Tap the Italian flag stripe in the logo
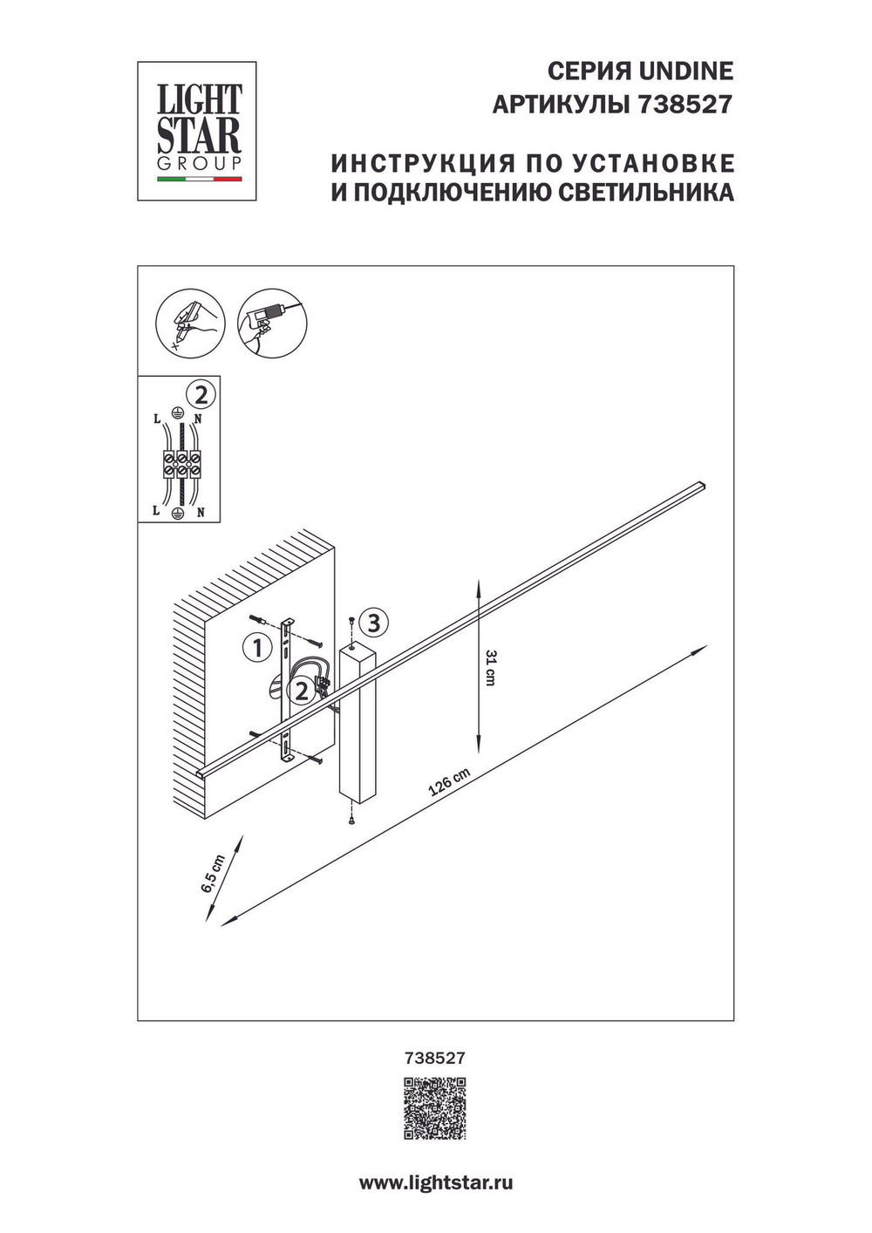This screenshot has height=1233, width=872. tap(199, 180)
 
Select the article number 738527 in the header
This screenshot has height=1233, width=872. tap(685, 106)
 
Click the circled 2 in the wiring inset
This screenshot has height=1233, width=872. tap(201, 396)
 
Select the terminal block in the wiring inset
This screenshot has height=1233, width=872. tap(179, 463)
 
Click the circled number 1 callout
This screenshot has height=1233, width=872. tap(256, 647)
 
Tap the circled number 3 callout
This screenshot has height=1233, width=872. tap(373, 623)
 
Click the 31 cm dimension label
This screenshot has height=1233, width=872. tap(490, 667)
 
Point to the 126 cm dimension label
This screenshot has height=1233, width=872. tap(449, 782)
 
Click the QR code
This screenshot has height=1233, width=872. tap(434, 1108)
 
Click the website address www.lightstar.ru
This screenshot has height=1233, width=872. tap(435, 1183)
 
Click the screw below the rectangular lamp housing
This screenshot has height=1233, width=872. tap(351, 820)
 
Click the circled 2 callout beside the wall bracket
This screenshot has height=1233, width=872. tap(301, 691)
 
